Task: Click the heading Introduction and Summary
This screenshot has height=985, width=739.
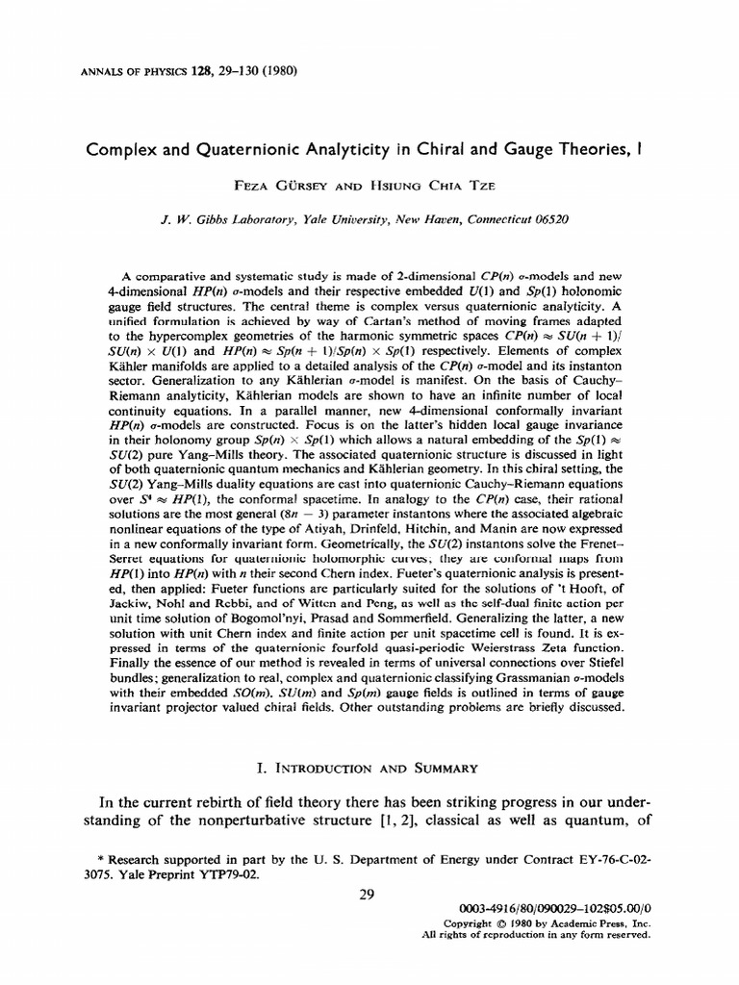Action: (369, 768)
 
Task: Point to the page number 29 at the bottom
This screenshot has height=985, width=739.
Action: (366, 895)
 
